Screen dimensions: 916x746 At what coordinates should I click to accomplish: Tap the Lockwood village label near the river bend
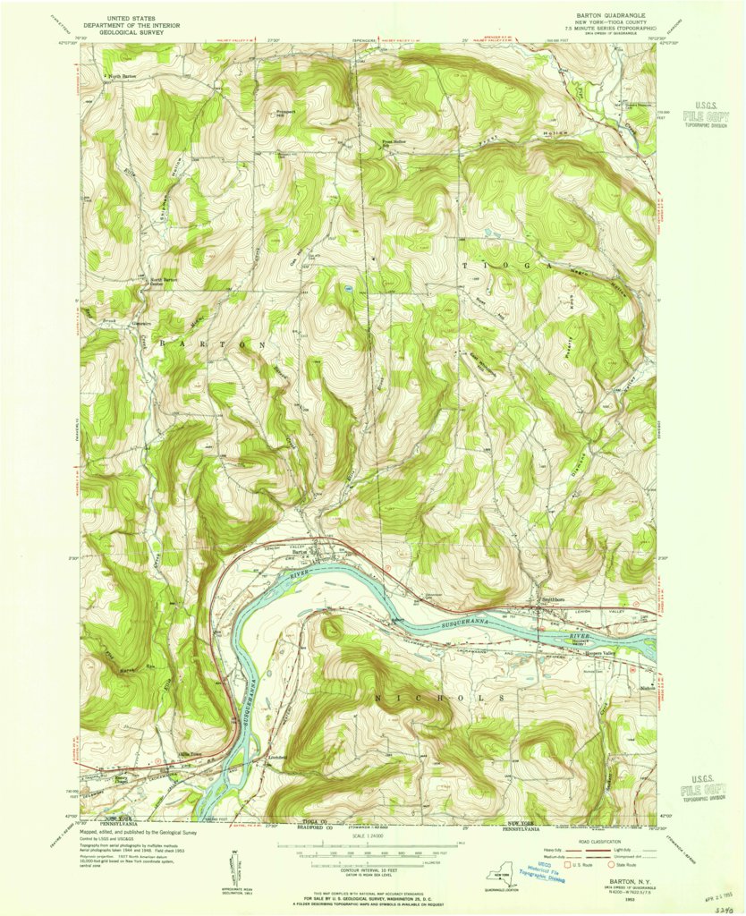click(x=276, y=758)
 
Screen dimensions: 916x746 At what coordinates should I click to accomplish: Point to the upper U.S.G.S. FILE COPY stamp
click(x=705, y=115)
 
